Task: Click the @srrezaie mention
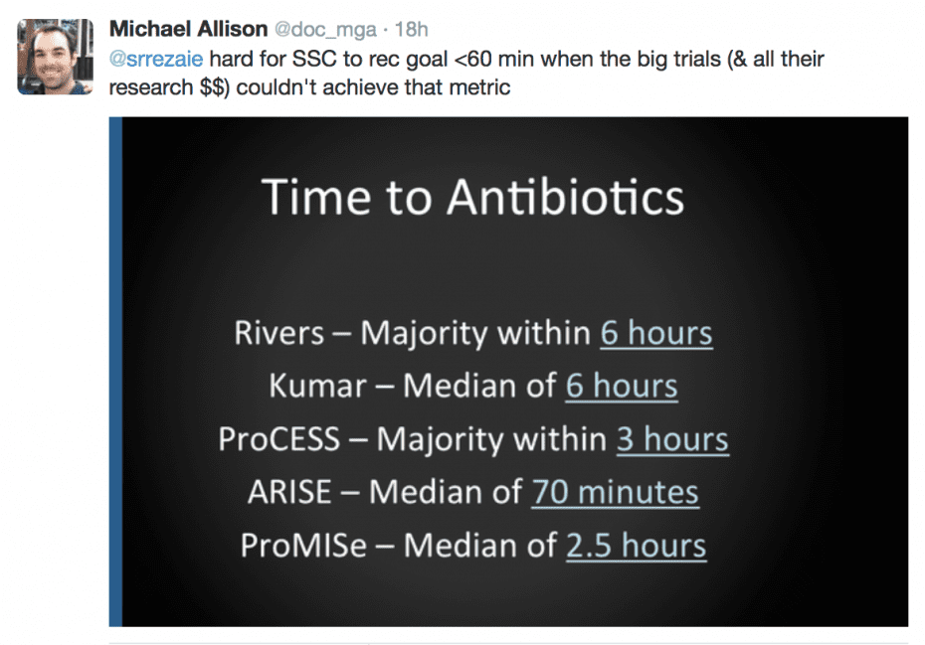155,59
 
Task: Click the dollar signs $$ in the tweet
200,87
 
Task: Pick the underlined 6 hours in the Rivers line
655,332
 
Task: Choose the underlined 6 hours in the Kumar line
621,386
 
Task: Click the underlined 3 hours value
672,439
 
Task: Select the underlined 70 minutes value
614,492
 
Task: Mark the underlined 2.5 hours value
636,546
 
